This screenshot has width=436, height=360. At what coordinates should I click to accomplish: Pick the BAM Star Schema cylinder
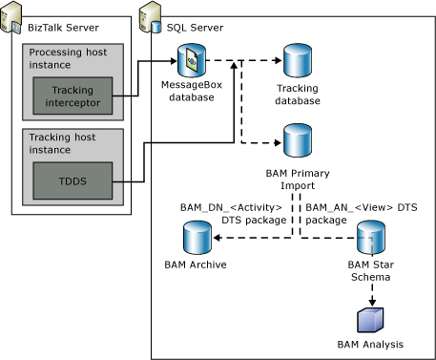(370, 235)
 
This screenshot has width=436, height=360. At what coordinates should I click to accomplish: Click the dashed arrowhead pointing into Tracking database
(276, 63)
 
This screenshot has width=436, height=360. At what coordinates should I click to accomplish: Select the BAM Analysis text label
(370, 344)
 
